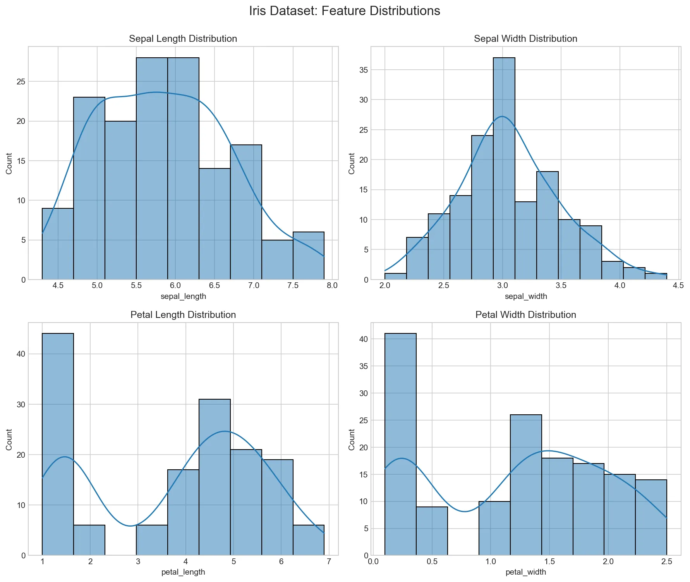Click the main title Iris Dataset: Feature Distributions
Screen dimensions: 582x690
344,11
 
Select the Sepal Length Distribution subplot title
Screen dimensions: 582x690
183,39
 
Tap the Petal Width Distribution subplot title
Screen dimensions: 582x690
525,315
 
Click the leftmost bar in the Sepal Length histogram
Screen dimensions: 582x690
58,244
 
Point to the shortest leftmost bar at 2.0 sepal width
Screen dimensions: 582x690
395,276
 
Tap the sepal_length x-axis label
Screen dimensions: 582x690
183,297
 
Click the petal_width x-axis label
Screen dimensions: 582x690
525,572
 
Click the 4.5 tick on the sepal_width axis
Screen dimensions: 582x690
678,286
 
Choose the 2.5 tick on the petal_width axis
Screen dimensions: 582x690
666,562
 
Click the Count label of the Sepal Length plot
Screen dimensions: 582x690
9,163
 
